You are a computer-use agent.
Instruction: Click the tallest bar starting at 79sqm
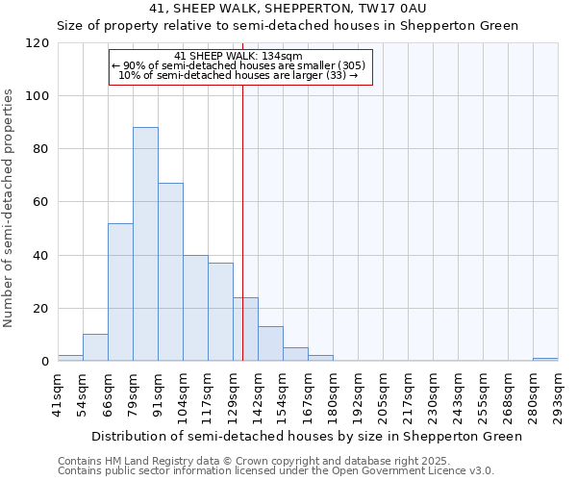(145, 244)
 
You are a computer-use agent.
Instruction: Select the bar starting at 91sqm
(170, 272)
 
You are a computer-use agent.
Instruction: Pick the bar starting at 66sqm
(120, 292)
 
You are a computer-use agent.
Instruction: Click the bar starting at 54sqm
(95, 348)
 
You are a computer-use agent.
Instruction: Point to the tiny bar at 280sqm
(545, 360)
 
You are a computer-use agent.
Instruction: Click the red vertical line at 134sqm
(242, 221)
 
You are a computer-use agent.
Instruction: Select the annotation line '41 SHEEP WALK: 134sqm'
(239, 57)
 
